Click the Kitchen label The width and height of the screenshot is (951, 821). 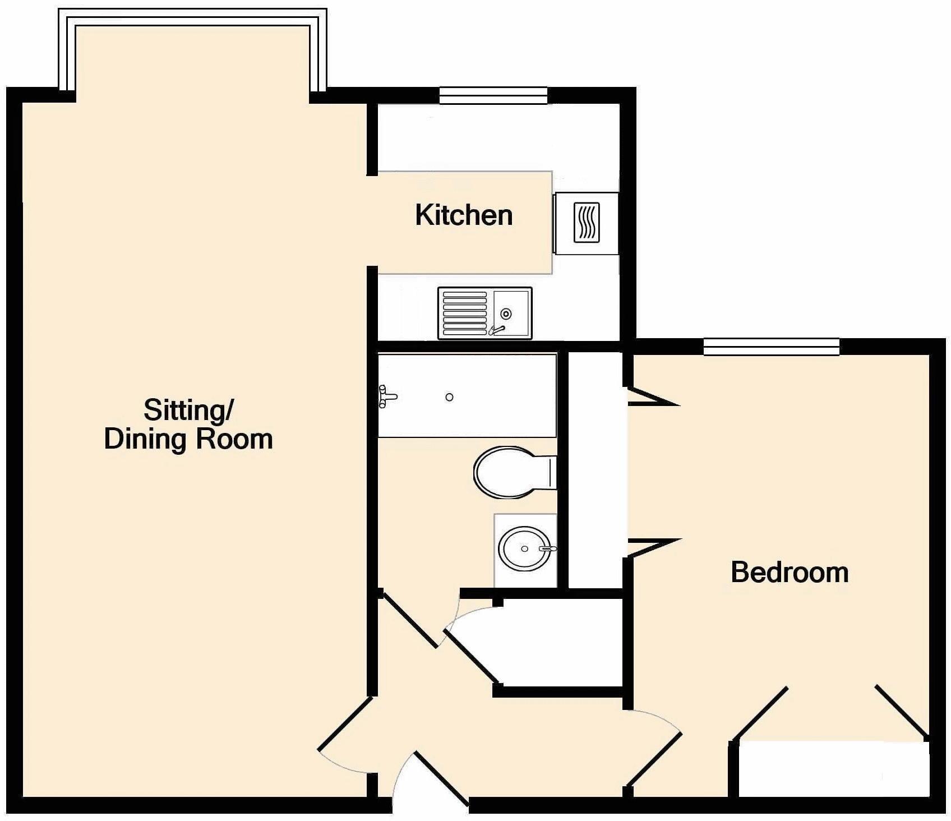click(464, 216)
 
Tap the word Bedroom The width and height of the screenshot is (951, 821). click(789, 573)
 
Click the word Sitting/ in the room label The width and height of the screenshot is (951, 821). click(188, 410)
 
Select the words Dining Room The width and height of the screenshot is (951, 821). click(188, 439)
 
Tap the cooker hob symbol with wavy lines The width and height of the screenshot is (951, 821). click(587, 223)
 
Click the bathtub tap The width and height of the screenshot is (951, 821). click(387, 396)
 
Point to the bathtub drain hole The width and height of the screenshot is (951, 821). click(449, 397)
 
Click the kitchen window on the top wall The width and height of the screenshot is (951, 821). click(493, 95)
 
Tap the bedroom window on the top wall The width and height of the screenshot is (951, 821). click(771, 347)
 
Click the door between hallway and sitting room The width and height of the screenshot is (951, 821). click(344, 723)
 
